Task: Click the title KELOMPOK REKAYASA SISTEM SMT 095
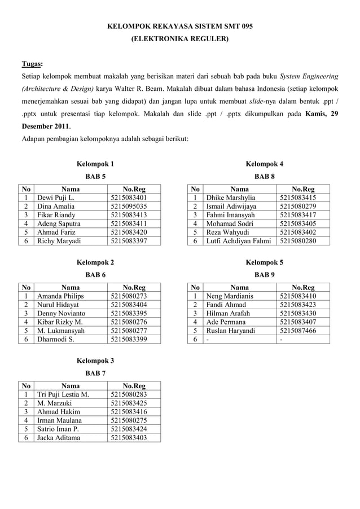[180, 27]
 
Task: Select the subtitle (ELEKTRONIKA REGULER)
[180, 40]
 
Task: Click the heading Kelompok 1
[95, 164]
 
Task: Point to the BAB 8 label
[265, 177]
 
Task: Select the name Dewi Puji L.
[55, 198]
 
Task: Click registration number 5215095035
[129, 207]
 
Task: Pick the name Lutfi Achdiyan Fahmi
[239, 241]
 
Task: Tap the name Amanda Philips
[60, 296]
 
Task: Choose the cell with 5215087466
[297, 331]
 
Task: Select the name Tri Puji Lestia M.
[63, 394]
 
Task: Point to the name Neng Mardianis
[230, 296]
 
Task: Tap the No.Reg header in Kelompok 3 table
[134, 386]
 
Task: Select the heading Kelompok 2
[95, 262]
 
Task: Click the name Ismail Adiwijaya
[231, 207]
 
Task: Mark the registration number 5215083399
[129, 339]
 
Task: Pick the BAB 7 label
[95, 373]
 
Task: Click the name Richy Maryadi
[59, 241]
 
